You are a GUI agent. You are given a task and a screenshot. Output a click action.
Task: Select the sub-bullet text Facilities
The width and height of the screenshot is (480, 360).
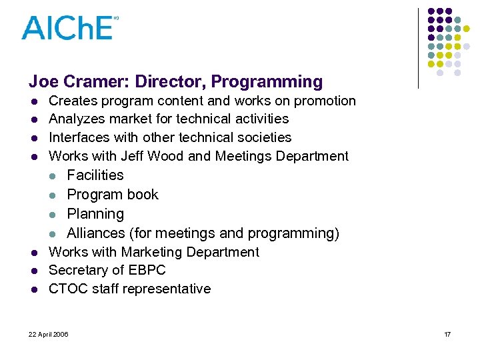(95, 175)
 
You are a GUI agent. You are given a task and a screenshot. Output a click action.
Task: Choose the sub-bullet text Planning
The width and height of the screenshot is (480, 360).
(95, 214)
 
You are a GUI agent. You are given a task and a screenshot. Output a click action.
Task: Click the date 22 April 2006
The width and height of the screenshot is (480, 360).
(49, 334)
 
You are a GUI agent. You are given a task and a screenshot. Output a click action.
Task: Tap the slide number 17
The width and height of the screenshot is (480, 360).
(447, 334)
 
